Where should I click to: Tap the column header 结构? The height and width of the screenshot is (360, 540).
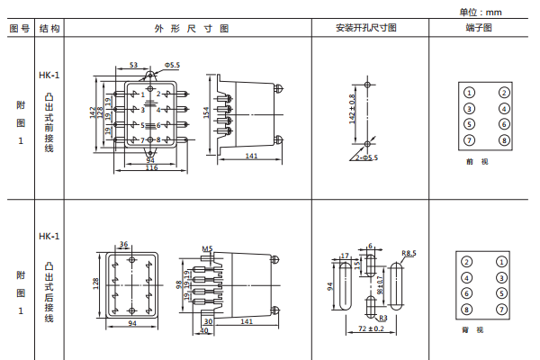[49, 29]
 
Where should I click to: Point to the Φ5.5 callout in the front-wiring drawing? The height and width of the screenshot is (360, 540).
[171, 66]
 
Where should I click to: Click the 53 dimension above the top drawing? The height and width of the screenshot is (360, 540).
[133, 66]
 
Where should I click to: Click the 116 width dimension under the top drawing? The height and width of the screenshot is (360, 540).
[150, 168]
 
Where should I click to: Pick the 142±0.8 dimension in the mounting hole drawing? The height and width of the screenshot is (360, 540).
[352, 109]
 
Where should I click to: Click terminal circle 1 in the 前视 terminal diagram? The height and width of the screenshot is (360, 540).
[469, 93]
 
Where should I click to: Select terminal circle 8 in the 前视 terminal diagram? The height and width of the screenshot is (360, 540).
[504, 140]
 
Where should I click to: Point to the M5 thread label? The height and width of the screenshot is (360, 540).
[207, 247]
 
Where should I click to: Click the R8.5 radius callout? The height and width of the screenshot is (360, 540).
[409, 254]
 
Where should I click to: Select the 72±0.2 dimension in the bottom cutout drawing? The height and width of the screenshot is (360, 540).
[370, 329]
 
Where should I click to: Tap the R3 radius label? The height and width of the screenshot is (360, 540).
[382, 318]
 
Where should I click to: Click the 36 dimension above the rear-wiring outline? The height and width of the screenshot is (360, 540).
[123, 244]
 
